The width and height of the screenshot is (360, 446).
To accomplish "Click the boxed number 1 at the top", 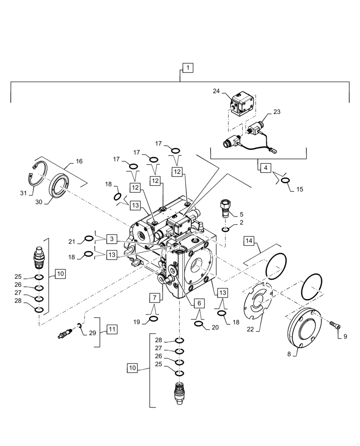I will [188, 68].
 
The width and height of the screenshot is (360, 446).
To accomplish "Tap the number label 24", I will [216, 91].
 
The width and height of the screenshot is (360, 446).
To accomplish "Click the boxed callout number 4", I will [266, 169].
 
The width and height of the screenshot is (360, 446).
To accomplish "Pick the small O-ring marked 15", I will [285, 180].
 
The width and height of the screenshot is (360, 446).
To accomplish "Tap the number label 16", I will [79, 161].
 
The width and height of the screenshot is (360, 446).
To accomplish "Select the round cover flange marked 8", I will [303, 330].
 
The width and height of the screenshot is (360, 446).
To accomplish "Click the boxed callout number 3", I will [112, 239].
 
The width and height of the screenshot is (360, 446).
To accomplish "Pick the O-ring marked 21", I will [89, 239].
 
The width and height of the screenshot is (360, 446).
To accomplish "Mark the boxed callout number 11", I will [112, 330].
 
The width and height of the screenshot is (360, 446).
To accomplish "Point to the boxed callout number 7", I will [154, 297].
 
